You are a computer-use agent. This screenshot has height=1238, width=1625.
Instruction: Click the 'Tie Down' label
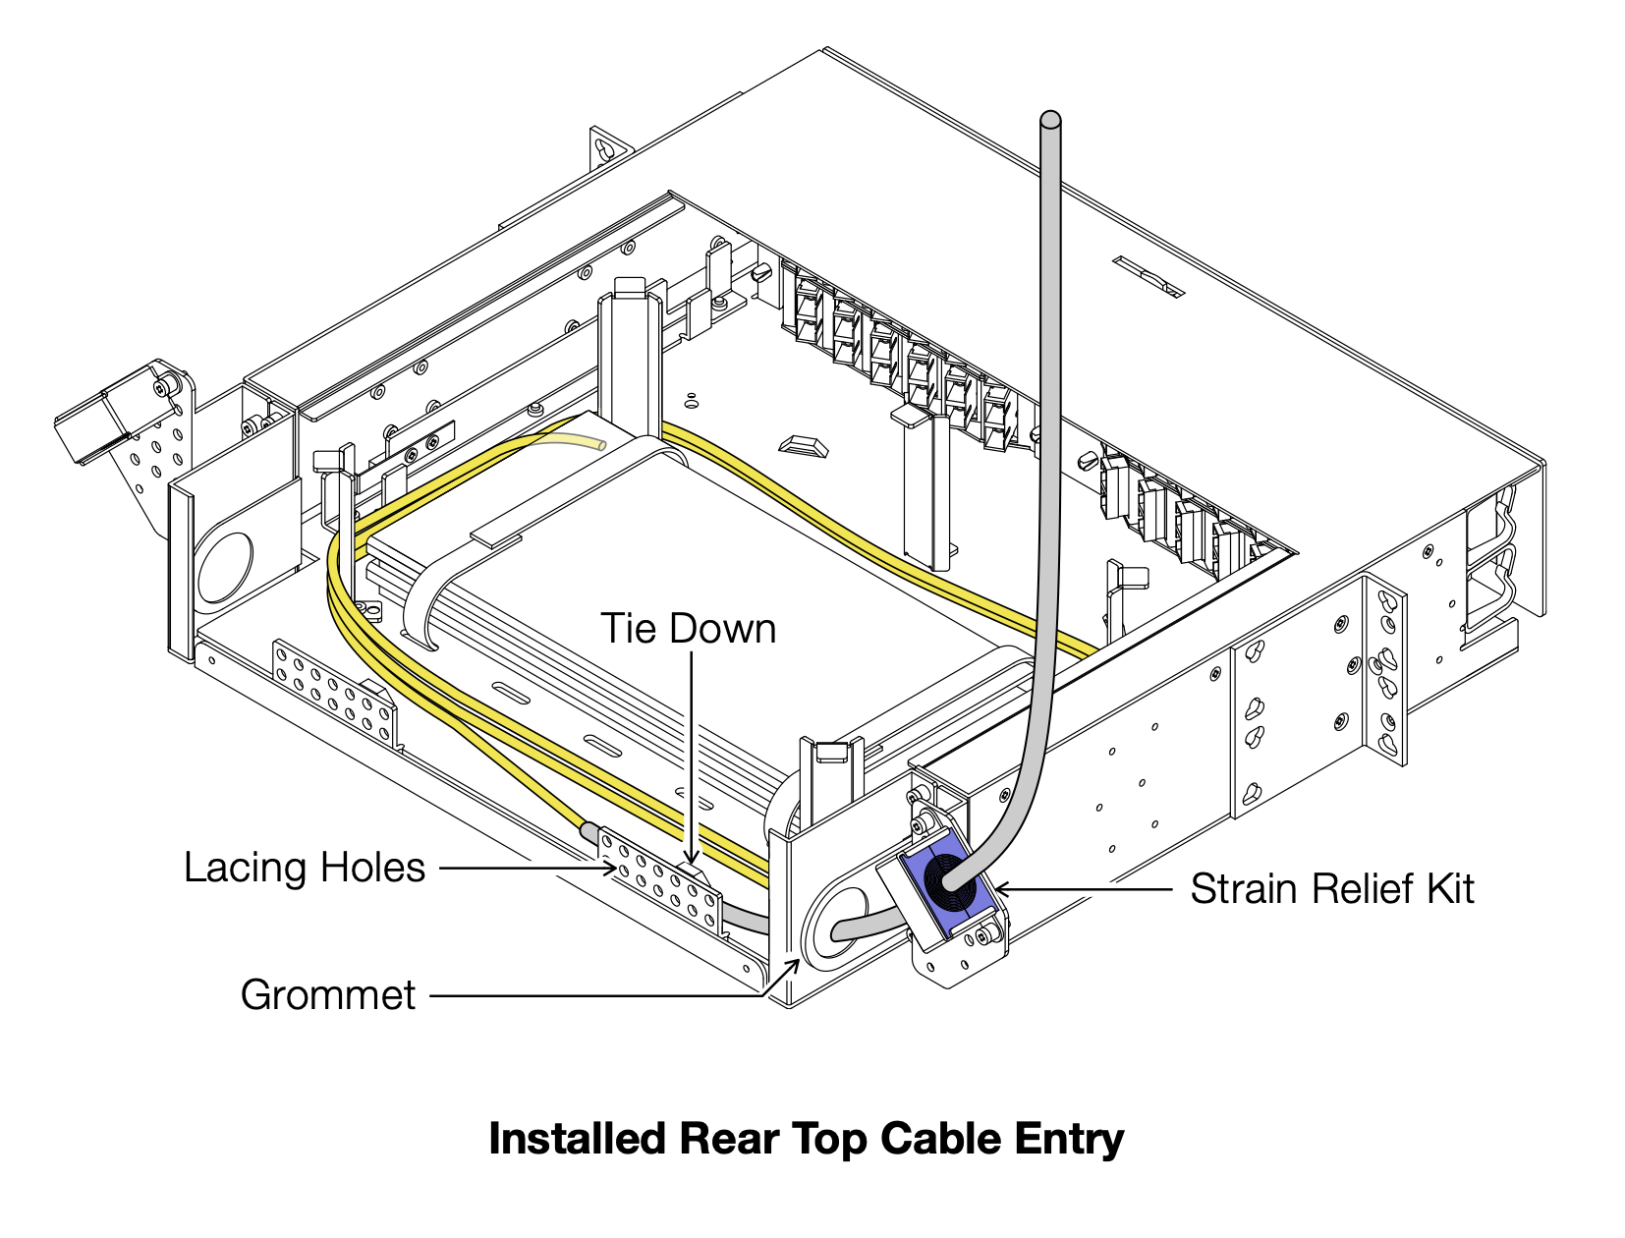[x=688, y=630]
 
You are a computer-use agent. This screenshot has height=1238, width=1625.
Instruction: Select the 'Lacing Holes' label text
[x=305, y=869]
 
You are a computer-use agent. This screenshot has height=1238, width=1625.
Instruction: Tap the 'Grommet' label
[x=328, y=995]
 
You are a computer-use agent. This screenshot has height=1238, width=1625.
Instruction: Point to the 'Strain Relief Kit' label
[x=1331, y=889]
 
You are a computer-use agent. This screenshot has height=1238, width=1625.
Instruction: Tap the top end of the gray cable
[x=1050, y=121]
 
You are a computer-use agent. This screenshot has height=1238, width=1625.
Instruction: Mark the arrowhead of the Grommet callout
[x=794, y=964]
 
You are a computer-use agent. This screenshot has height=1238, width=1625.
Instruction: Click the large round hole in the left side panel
[x=227, y=568]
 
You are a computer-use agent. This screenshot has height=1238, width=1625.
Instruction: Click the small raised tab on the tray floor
[x=803, y=445]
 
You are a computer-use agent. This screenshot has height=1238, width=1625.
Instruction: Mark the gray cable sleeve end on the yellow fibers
[x=590, y=833]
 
